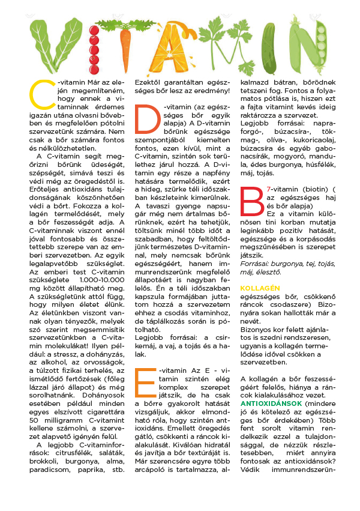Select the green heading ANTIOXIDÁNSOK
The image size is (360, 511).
click(268, 404)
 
